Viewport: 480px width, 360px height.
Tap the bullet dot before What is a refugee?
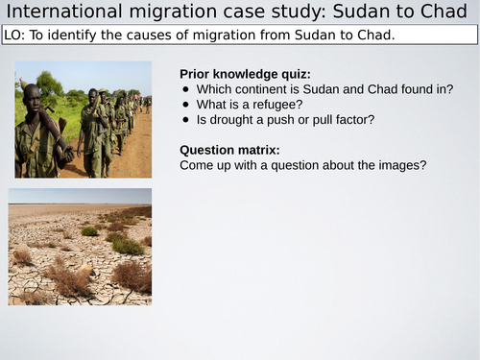(186, 105)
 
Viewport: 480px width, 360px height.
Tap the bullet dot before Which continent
(186, 90)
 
